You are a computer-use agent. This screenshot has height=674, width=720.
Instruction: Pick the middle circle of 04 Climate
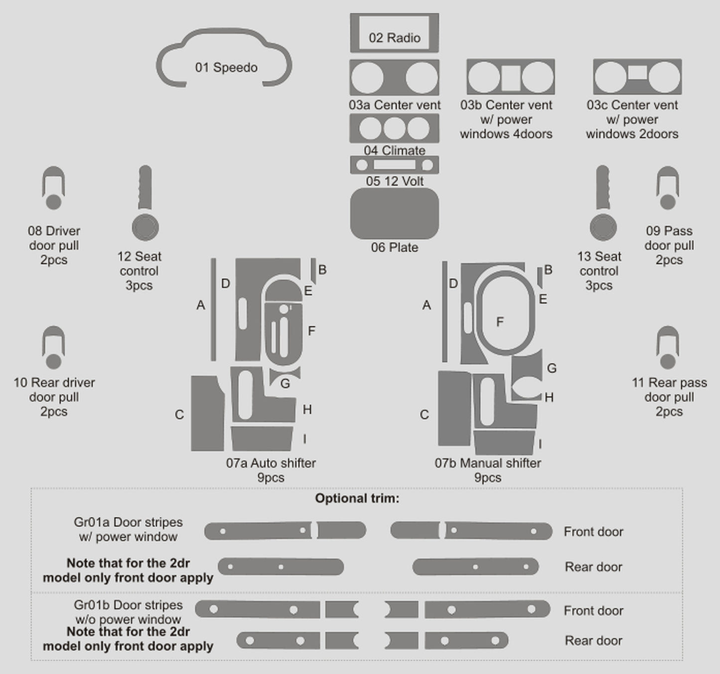[x=394, y=128]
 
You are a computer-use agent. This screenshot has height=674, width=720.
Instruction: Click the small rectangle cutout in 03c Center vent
[x=637, y=73]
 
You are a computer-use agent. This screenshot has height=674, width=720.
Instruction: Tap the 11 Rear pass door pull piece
[x=668, y=348]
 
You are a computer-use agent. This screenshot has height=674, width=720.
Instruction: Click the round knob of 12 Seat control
[x=145, y=228]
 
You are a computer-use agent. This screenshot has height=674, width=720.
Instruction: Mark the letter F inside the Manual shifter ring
[x=500, y=322]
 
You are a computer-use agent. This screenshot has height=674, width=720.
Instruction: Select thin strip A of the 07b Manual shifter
[x=444, y=311]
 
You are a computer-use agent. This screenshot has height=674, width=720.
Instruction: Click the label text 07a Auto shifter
[x=271, y=463]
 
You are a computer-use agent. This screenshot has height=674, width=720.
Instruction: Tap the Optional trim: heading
[x=357, y=498]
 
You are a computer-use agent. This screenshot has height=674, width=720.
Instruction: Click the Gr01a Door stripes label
[x=128, y=523]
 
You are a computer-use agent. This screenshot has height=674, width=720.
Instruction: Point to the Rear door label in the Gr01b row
[x=593, y=641]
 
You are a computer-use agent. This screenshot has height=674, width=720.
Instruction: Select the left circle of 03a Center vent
[x=367, y=78]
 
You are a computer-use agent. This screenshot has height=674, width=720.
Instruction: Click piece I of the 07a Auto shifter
[x=261, y=439]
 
